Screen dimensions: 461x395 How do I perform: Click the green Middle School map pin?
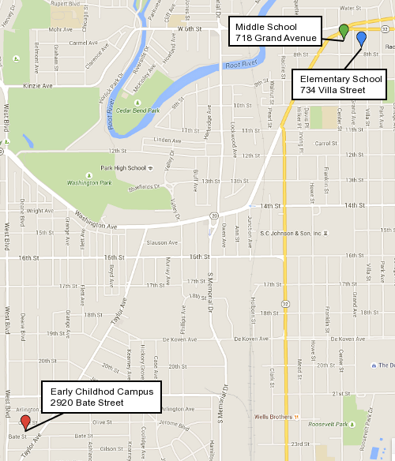(344, 31)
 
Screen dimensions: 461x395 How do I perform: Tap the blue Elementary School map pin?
(361, 38)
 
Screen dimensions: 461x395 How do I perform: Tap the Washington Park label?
(87, 183)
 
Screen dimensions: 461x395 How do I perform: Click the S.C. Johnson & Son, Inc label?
(292, 234)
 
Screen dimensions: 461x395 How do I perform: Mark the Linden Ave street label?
(167, 140)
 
